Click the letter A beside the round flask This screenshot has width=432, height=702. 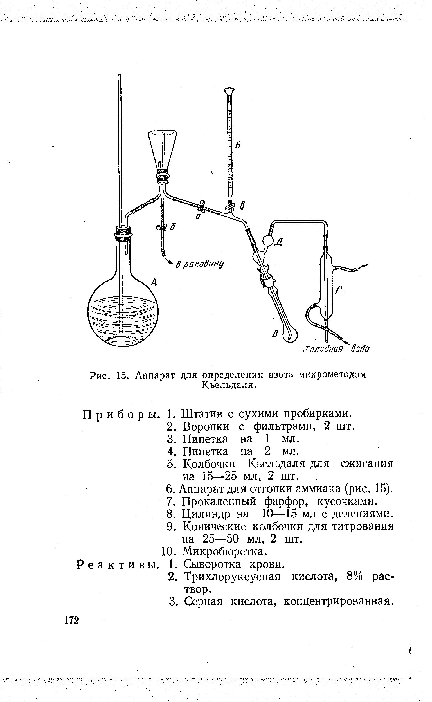(154, 283)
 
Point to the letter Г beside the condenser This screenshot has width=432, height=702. (339, 290)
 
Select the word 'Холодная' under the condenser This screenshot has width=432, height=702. (323, 349)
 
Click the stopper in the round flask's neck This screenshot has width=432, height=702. (123, 232)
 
